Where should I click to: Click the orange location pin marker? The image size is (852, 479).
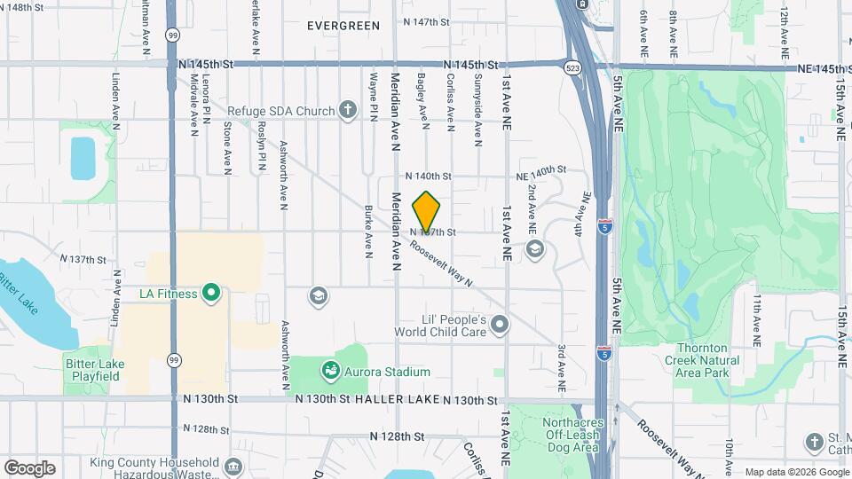click(x=427, y=213)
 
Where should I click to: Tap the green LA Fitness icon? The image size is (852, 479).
click(x=210, y=293)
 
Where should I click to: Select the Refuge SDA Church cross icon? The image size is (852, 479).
click(x=348, y=111)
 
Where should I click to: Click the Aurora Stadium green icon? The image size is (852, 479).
click(x=329, y=368)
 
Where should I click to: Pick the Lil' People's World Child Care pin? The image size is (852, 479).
click(x=500, y=325)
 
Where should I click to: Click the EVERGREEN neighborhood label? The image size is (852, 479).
click(x=343, y=26)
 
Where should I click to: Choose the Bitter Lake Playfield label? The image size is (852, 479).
click(x=94, y=370)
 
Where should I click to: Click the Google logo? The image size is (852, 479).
click(x=29, y=468)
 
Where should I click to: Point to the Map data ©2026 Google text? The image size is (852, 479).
click(x=795, y=472)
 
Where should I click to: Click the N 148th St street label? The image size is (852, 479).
click(x=22, y=7)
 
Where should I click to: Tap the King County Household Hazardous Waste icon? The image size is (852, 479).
click(x=233, y=465)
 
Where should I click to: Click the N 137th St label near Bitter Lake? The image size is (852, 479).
click(x=83, y=259)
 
